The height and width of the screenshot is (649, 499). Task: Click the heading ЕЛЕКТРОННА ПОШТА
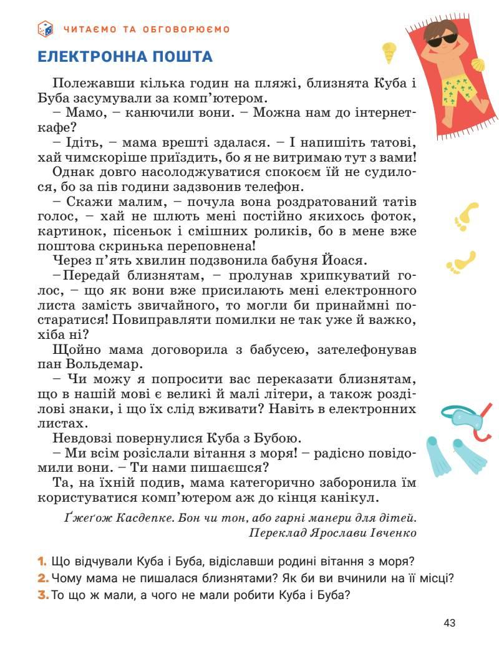pos(125,57)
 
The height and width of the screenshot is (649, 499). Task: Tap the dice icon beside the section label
pos(46,28)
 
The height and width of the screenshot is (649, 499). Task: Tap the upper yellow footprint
pos(467,215)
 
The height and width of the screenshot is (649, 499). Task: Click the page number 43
pos(450,622)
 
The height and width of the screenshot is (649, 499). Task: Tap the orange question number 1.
pos(42,560)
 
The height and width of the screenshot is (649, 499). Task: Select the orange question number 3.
pos(42,595)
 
